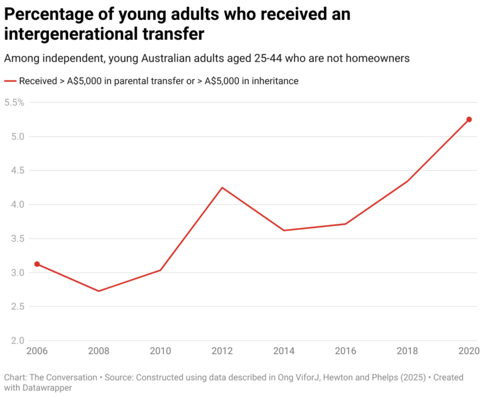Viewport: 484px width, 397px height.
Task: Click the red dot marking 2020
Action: coord(469,119)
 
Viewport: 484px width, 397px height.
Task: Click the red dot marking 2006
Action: coord(37,264)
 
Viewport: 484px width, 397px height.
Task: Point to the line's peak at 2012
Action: coord(222,188)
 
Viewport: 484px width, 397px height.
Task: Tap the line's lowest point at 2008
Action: coord(99,291)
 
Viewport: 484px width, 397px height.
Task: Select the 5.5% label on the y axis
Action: coord(14,102)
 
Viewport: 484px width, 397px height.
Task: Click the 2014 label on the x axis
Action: coord(284,352)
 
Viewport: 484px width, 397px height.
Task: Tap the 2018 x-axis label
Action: coord(407,352)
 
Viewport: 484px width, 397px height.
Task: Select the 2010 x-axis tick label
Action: coord(160,352)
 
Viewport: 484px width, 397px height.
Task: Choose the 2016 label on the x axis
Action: coord(345,352)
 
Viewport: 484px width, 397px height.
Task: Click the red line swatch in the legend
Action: coord(10,80)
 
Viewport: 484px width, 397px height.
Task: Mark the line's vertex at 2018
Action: coord(407,181)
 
